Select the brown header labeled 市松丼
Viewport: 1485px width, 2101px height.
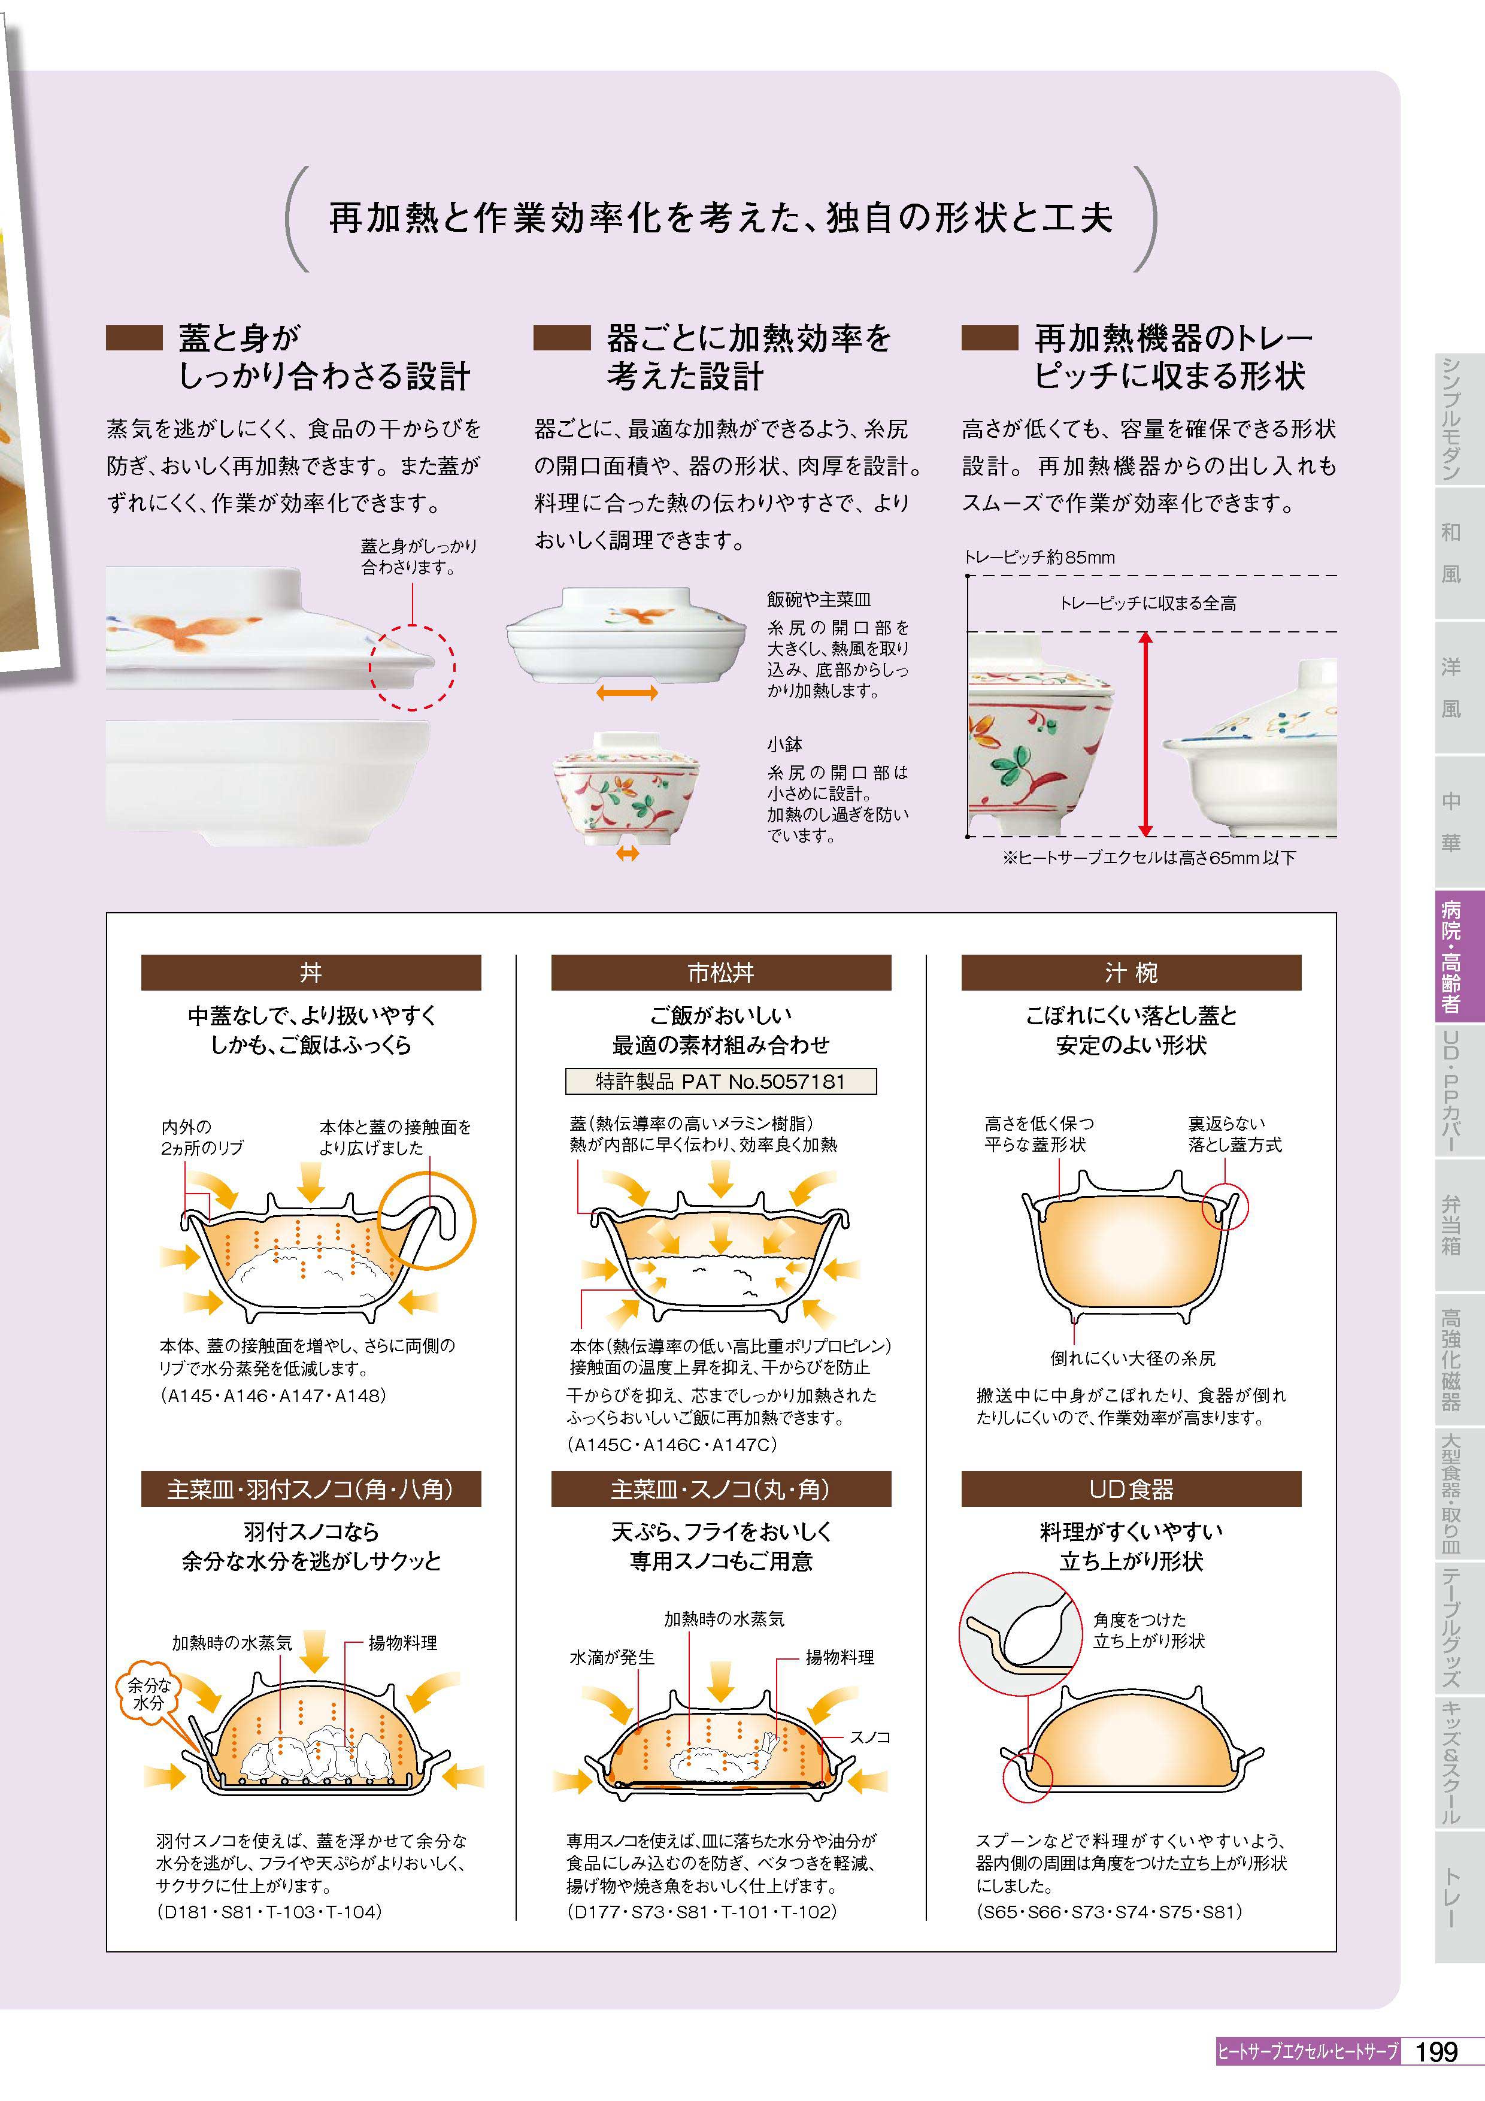(x=721, y=972)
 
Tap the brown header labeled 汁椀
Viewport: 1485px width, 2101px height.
(x=1131, y=972)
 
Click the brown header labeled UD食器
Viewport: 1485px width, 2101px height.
(x=1131, y=1489)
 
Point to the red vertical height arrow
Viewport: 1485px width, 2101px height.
(x=1145, y=734)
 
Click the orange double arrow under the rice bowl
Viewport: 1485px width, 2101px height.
(x=627, y=693)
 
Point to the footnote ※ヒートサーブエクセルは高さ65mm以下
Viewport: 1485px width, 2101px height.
(x=1149, y=858)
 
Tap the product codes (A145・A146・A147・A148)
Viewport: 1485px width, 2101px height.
(x=272, y=1395)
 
